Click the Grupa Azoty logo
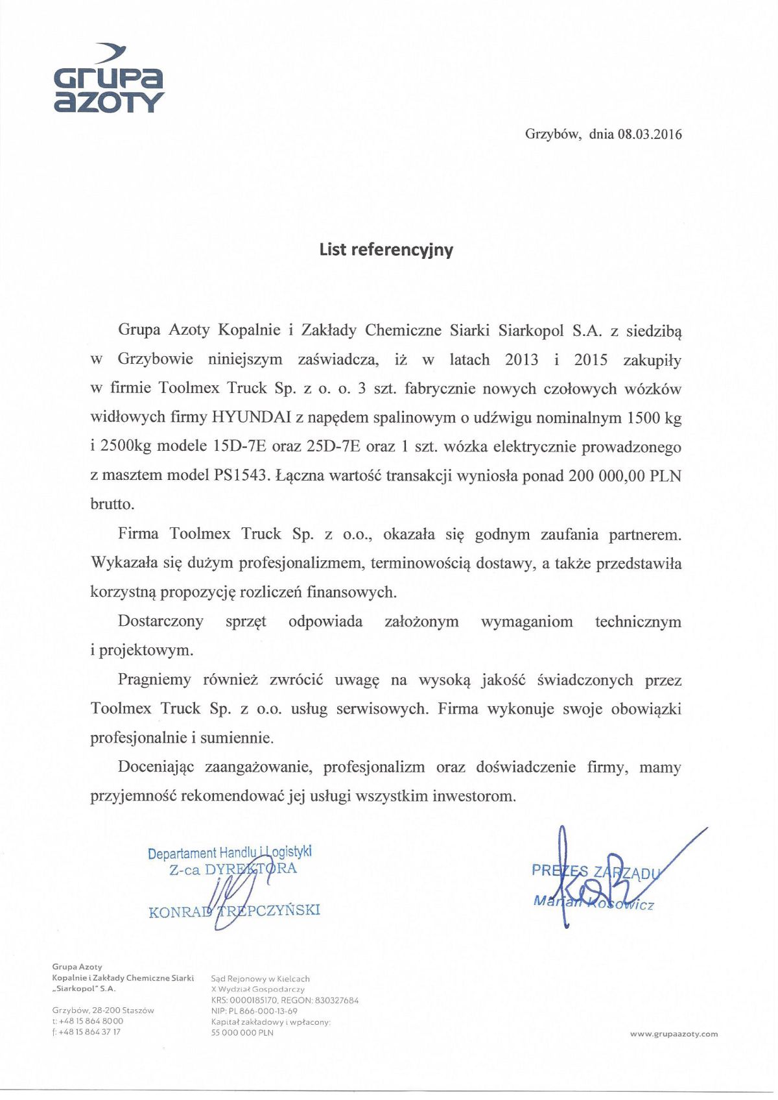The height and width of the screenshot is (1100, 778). click(x=108, y=79)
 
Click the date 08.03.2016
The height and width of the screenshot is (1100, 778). click(x=650, y=134)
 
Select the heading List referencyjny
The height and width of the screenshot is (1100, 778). click(x=386, y=250)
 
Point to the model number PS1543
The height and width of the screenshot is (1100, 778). click(x=241, y=475)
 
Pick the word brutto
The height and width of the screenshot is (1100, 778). click(x=112, y=504)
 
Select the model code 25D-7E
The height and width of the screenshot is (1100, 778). click(x=331, y=447)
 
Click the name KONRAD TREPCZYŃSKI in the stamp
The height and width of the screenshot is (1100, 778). click(x=234, y=911)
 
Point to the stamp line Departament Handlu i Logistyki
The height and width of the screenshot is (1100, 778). click(x=230, y=853)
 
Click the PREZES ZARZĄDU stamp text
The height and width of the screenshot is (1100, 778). click(x=595, y=871)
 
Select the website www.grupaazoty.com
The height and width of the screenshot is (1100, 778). click(x=674, y=1034)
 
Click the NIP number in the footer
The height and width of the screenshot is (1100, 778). click(x=254, y=1011)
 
